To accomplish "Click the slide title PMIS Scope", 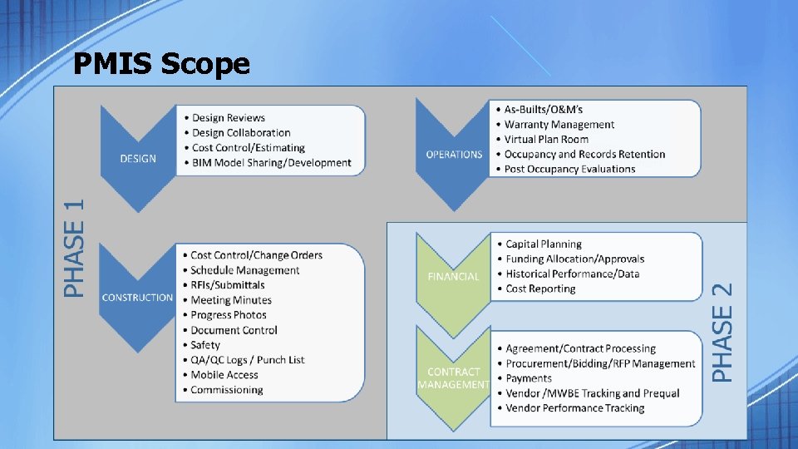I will click(x=161, y=63).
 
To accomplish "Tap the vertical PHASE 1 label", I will click(x=75, y=247).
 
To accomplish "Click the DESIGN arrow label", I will click(x=138, y=158).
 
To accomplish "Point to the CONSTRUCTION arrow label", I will click(x=137, y=298).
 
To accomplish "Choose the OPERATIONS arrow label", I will click(x=454, y=154).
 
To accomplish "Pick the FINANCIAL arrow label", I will click(x=453, y=276).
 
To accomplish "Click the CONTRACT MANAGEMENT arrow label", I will click(x=453, y=378).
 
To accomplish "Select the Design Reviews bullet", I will click(x=228, y=118).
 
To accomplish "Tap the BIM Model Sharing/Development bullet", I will click(x=271, y=163).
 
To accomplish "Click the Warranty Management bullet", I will click(x=559, y=125).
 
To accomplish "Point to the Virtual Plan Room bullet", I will click(x=545, y=140).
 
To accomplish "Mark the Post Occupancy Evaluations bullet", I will click(x=569, y=169).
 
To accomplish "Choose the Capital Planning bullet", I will click(x=544, y=244).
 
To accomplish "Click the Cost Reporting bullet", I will click(x=540, y=289).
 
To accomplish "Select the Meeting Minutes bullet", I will click(x=231, y=300).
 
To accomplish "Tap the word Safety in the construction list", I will click(x=205, y=345).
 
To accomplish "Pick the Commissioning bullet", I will click(x=226, y=390).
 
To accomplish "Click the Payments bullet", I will click(x=529, y=378).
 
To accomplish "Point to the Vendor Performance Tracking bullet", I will click(x=574, y=408).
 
